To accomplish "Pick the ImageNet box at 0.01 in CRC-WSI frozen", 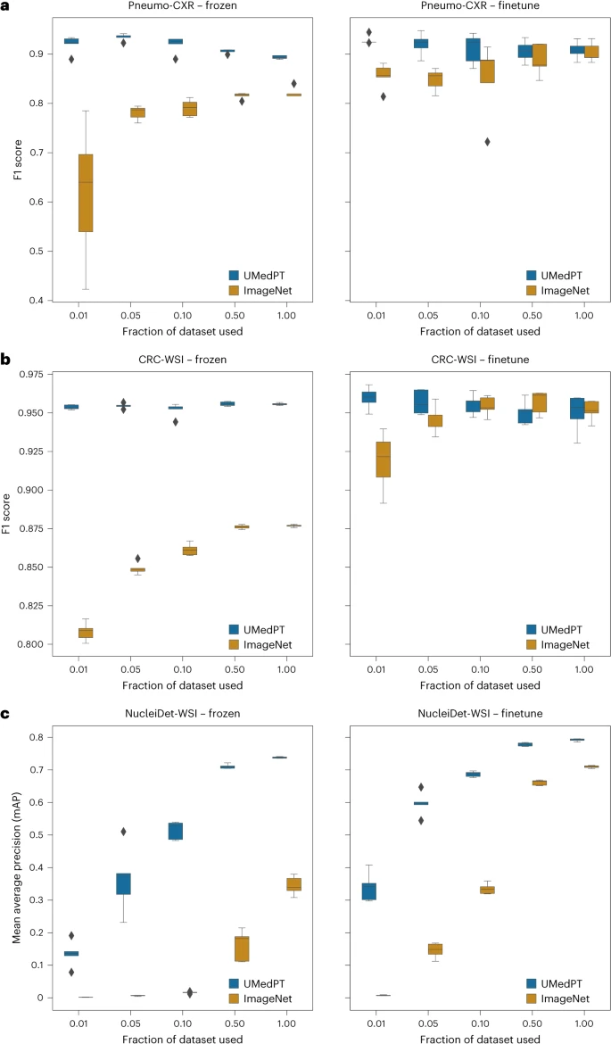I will tap(86, 633).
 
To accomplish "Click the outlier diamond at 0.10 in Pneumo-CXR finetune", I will tap(487, 142).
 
